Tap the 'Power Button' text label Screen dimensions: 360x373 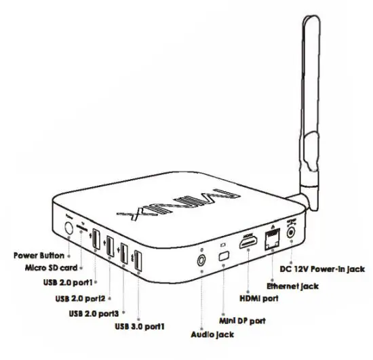[x=38, y=256]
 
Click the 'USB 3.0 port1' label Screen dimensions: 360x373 [x=115, y=328]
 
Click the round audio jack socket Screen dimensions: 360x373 [x=201, y=258]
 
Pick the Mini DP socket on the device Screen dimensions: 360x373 [x=223, y=256]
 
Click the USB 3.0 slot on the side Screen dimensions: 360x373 [x=137, y=260]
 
